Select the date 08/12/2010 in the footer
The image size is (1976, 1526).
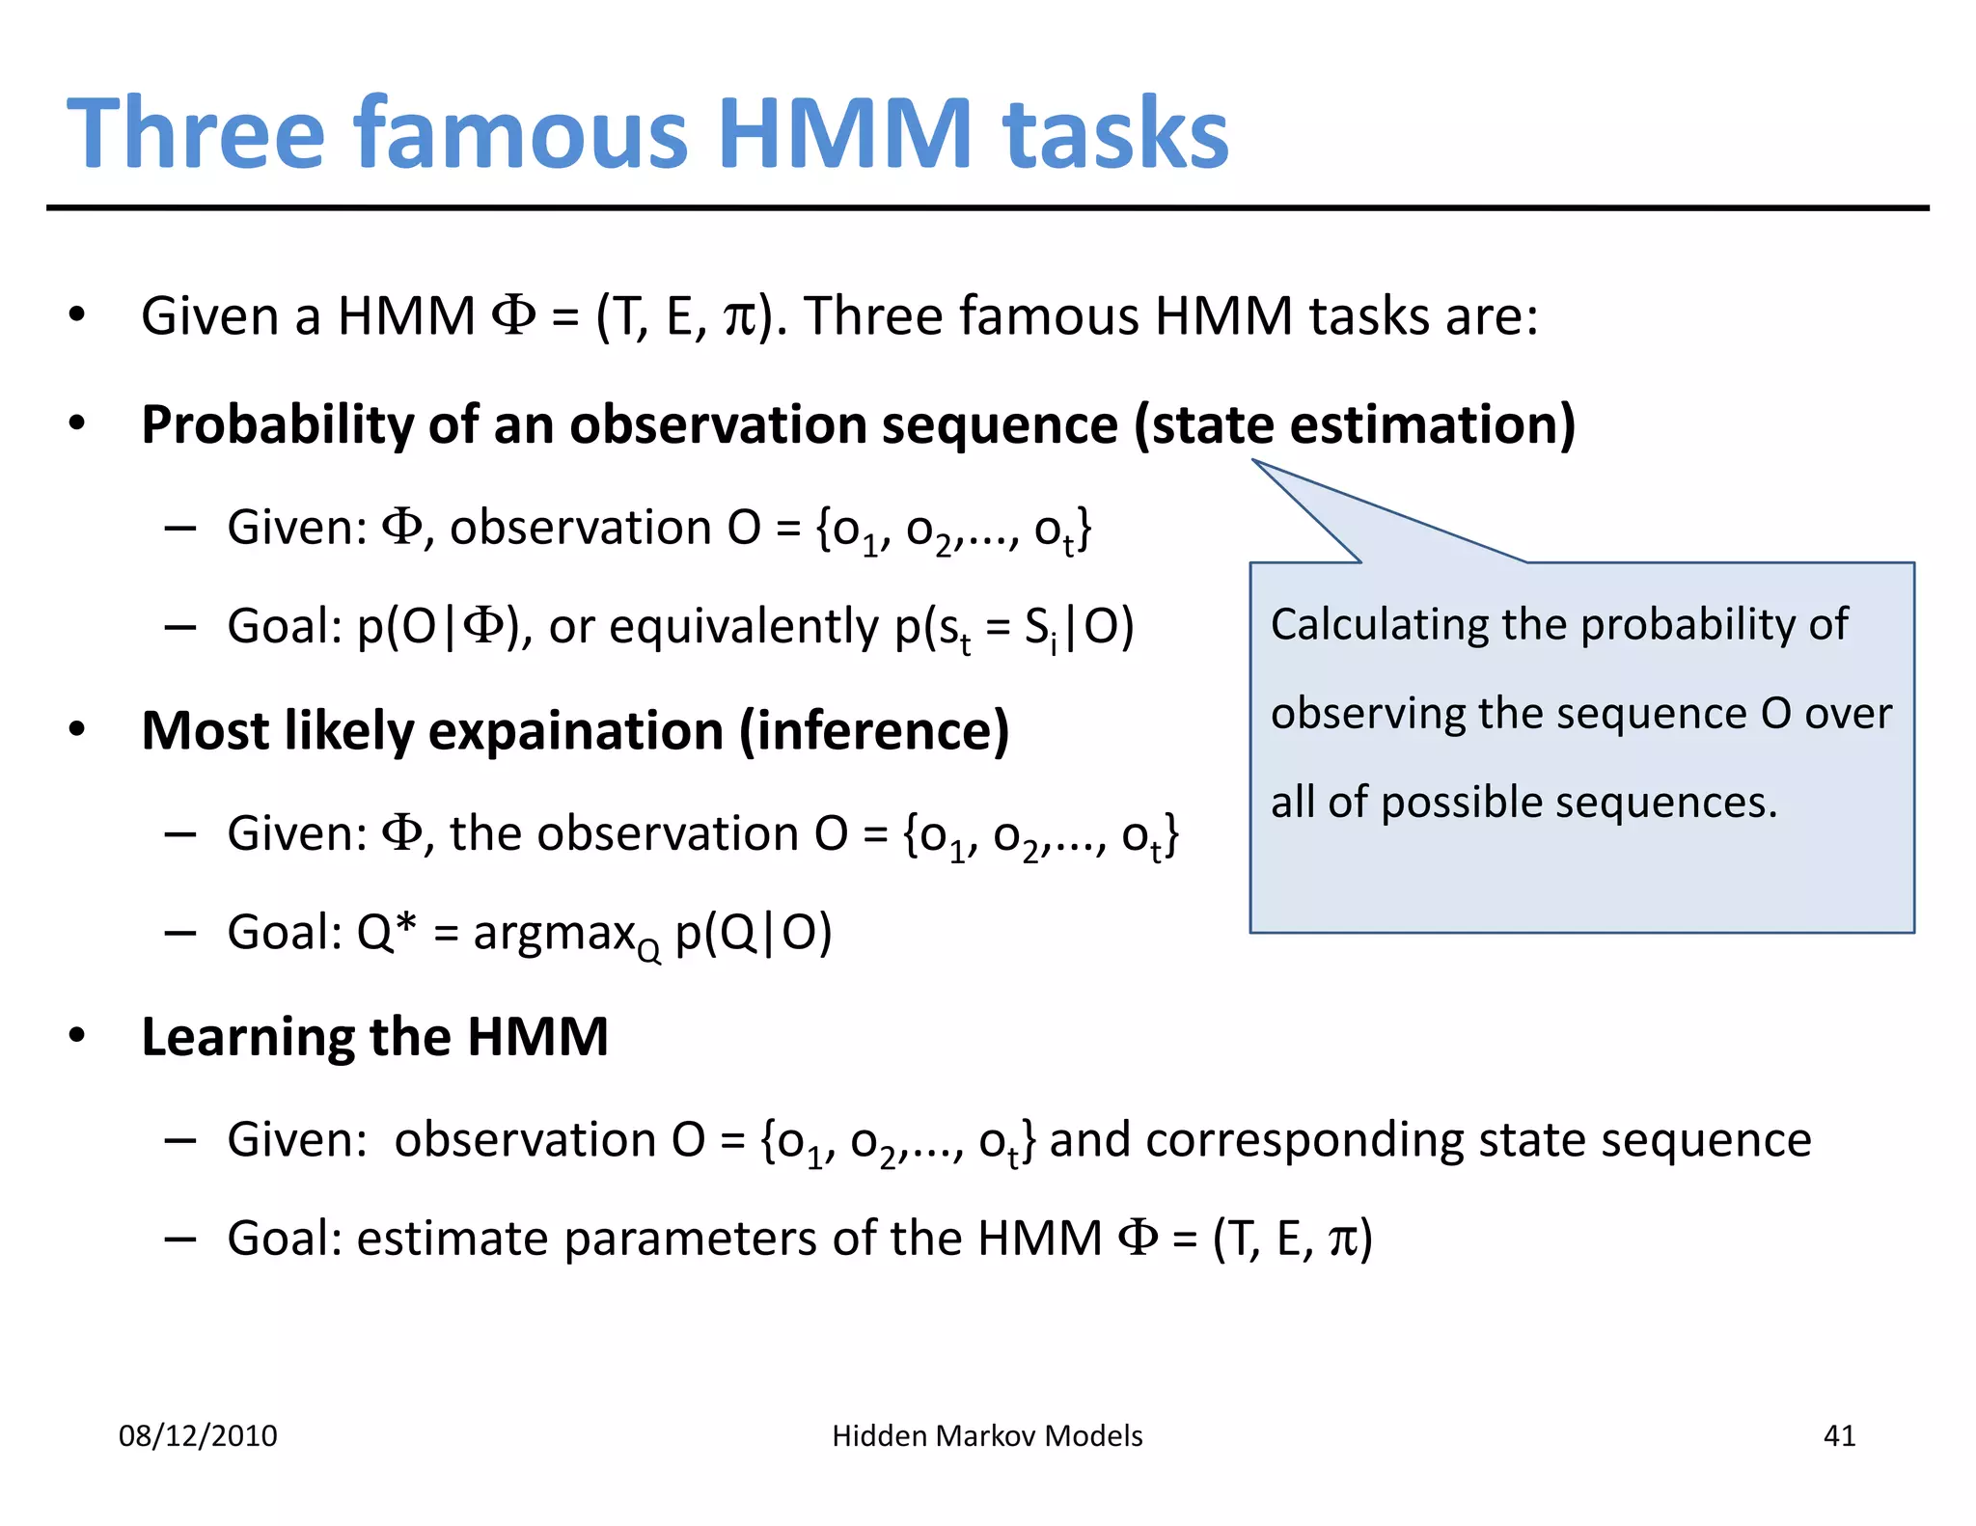pos(198,1436)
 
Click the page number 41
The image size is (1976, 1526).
pos(1839,1436)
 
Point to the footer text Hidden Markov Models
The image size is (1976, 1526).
pos(987,1436)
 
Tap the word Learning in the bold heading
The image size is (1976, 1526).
pos(247,1038)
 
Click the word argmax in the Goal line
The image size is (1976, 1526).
pos(554,934)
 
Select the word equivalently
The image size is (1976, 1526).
pos(745,628)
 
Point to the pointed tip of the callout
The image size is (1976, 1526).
pos(1254,461)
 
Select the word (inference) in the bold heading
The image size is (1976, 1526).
pos(874,731)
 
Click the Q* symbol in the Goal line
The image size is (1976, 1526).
pos(386,933)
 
